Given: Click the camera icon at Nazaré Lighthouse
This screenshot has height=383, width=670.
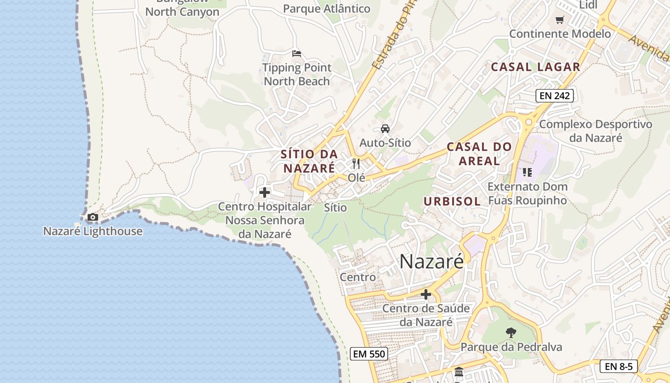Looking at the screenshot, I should (93, 217).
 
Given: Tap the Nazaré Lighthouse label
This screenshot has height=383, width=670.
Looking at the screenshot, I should (93, 231).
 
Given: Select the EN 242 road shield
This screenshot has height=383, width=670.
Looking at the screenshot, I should (555, 96).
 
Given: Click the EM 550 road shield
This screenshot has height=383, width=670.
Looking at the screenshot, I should (368, 354).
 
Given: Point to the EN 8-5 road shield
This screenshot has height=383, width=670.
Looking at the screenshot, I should (618, 367).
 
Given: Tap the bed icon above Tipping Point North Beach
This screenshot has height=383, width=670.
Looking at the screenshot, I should (297, 53).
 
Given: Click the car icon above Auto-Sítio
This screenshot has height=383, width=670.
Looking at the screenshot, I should (385, 129).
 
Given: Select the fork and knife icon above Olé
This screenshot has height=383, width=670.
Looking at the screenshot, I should (356, 164).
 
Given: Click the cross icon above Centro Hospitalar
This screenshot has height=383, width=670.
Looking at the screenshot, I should (264, 192).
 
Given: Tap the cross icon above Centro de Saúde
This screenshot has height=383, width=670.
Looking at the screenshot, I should (425, 294).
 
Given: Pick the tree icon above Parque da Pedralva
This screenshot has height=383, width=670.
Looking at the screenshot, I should (511, 332).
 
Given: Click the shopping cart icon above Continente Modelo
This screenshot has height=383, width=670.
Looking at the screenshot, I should (559, 20).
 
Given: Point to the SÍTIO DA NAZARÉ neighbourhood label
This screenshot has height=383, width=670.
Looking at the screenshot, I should (309, 161).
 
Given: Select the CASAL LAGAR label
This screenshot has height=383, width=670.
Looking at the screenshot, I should (536, 67).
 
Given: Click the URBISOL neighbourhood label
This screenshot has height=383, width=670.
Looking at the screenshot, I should (452, 202).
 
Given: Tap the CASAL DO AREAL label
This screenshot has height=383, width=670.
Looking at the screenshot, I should (479, 154).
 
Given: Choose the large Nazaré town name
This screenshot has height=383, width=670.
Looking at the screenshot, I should (432, 261).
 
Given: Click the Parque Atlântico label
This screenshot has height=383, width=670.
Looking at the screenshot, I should (327, 9).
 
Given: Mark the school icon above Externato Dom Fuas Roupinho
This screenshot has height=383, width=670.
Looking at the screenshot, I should (527, 172).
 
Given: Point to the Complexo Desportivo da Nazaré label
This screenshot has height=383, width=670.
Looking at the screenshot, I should (596, 131).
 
